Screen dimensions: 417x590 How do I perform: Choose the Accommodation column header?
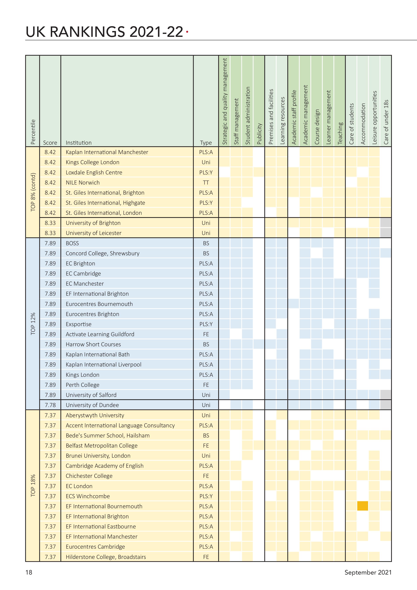(x=363, y=124)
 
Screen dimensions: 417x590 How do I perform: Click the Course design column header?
(x=317, y=127)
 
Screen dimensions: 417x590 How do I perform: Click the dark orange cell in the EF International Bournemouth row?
(x=363, y=506)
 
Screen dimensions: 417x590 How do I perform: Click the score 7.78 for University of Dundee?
(x=50, y=405)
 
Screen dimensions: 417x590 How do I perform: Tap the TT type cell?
(x=206, y=182)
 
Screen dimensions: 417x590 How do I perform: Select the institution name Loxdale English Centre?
(x=94, y=172)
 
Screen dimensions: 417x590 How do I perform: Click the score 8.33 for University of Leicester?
(x=50, y=233)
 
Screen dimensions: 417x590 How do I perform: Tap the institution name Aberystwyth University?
(x=95, y=415)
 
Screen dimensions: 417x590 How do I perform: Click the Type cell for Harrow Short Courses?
(x=206, y=344)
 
